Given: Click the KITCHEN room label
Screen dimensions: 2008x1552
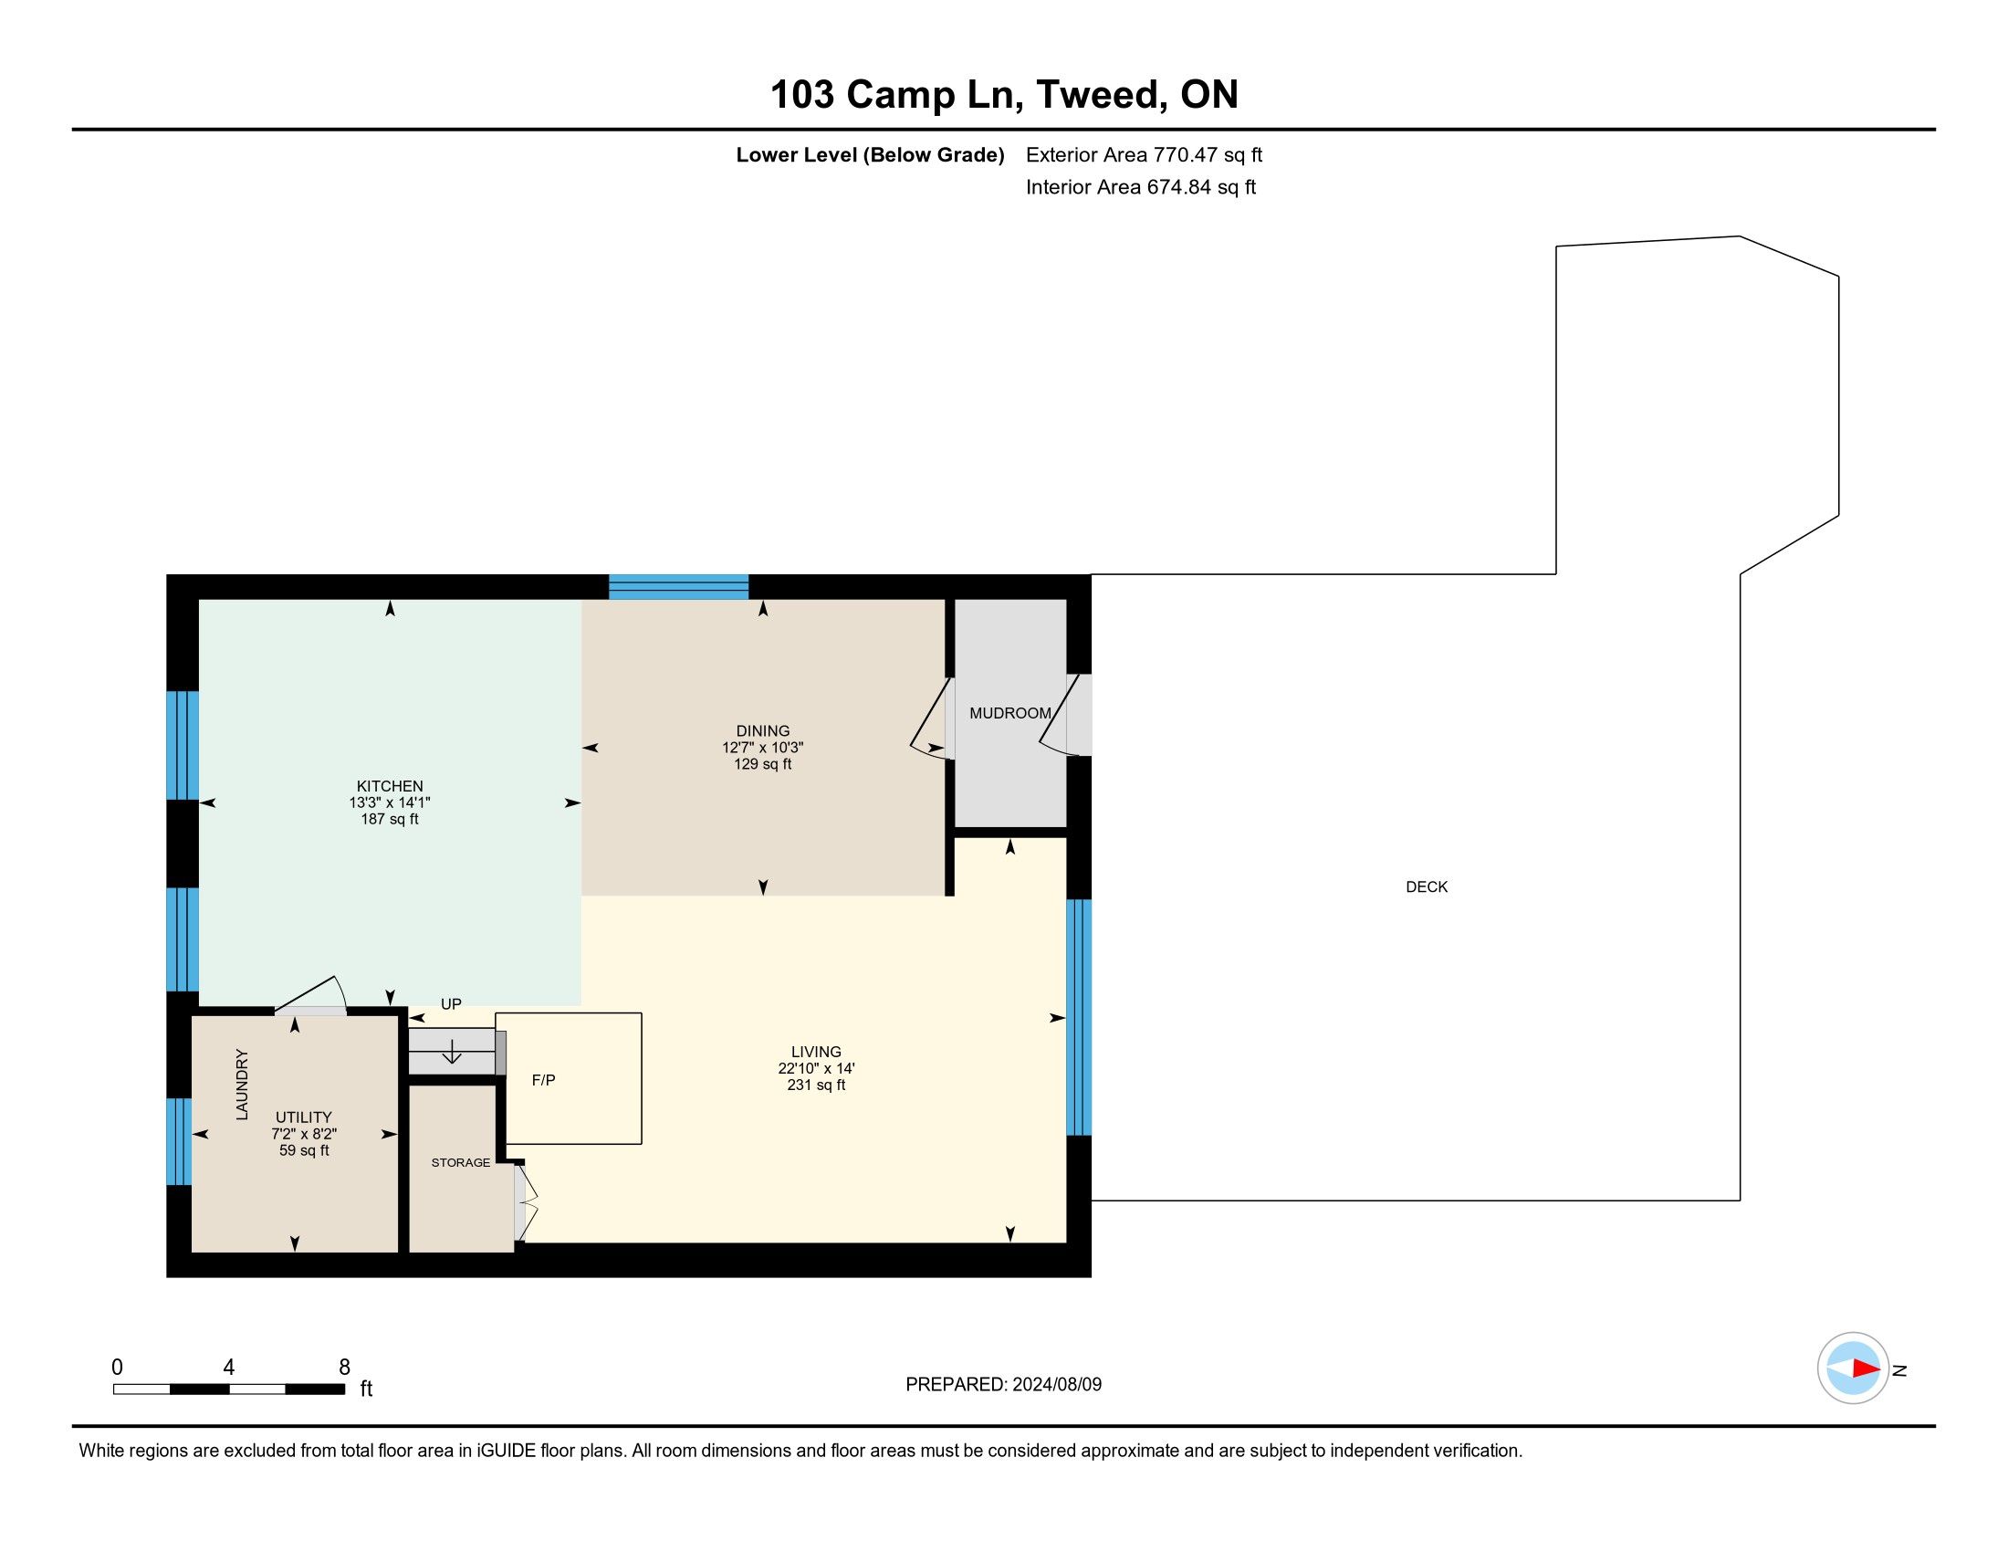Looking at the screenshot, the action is (x=390, y=786).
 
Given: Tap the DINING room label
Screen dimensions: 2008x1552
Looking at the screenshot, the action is (x=762, y=731).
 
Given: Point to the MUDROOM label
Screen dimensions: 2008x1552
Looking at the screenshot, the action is (x=1009, y=714).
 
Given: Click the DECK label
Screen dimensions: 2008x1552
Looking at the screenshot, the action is (x=1427, y=887).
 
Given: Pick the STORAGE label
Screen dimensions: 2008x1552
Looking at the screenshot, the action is (x=461, y=1163).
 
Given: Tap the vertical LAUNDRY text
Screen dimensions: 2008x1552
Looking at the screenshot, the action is (x=242, y=1084).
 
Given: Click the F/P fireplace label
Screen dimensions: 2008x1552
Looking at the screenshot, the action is (x=543, y=1080).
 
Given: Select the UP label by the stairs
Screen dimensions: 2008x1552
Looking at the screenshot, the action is (x=451, y=1004).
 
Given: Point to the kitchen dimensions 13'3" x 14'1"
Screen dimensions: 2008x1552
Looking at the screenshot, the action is (x=390, y=802).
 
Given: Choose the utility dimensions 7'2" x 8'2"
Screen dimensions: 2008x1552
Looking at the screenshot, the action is (x=304, y=1135).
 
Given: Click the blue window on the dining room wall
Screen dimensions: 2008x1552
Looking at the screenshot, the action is (x=678, y=587).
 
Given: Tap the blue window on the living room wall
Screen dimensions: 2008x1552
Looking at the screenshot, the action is (x=1079, y=1018).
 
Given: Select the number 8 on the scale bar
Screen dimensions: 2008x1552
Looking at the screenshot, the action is (x=345, y=1368).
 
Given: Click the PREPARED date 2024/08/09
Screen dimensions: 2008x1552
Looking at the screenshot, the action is (x=1056, y=1385).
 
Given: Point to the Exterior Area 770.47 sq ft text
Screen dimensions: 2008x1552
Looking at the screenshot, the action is (x=1144, y=154).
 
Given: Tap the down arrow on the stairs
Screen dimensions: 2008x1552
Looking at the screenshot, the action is (x=452, y=1051).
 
